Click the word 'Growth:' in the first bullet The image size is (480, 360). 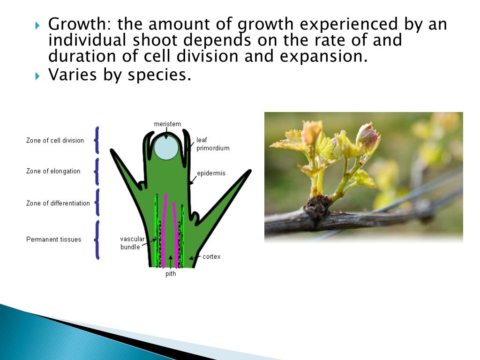click(x=80, y=24)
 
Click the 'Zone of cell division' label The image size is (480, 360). click(x=55, y=140)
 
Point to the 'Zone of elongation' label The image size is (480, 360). click(x=53, y=171)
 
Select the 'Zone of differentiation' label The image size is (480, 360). click(x=58, y=203)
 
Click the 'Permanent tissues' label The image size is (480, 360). click(x=53, y=240)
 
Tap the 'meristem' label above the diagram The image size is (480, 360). click(x=167, y=124)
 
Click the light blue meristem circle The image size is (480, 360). click(x=166, y=148)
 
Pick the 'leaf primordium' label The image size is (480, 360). click(x=213, y=144)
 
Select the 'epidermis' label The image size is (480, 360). click(x=211, y=173)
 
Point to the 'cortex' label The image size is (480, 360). click(x=211, y=257)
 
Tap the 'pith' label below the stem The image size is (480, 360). click(x=171, y=274)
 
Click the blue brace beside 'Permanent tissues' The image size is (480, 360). click(x=97, y=240)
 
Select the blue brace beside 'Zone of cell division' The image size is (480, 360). click(x=97, y=140)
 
